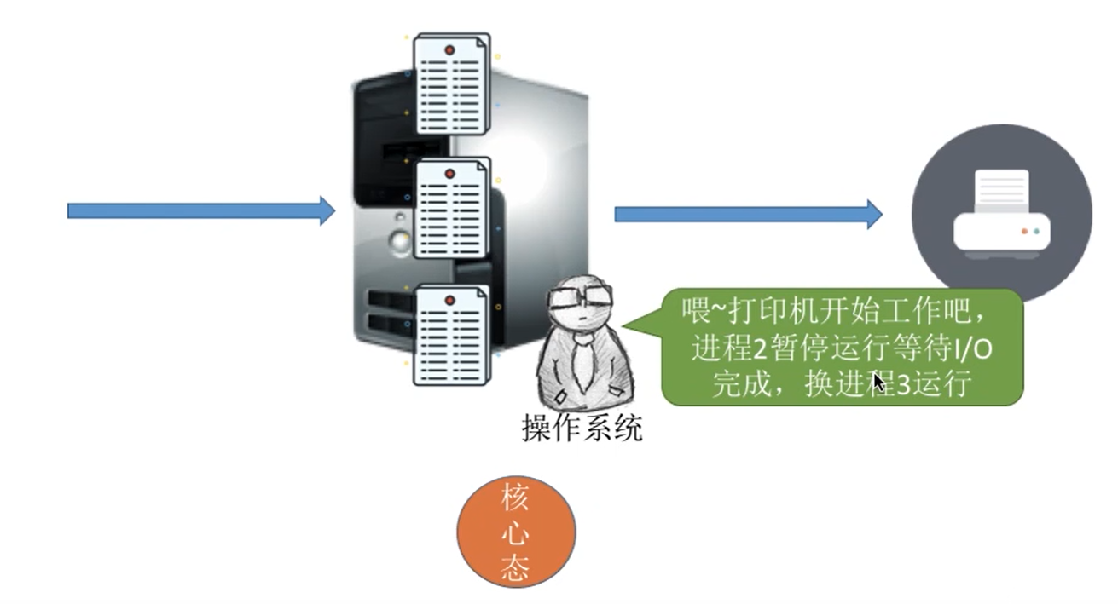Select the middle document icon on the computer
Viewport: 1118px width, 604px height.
tap(452, 209)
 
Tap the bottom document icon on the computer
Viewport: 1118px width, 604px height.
tap(452, 335)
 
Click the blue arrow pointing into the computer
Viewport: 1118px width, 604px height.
tap(201, 210)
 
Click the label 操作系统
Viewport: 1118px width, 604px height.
tap(582, 428)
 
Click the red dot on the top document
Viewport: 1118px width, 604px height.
tap(449, 50)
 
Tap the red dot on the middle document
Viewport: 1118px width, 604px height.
tap(449, 174)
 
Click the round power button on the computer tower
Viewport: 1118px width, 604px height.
tap(399, 241)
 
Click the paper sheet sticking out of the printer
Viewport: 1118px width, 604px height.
tap(1001, 190)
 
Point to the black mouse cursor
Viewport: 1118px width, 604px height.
tap(879, 380)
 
